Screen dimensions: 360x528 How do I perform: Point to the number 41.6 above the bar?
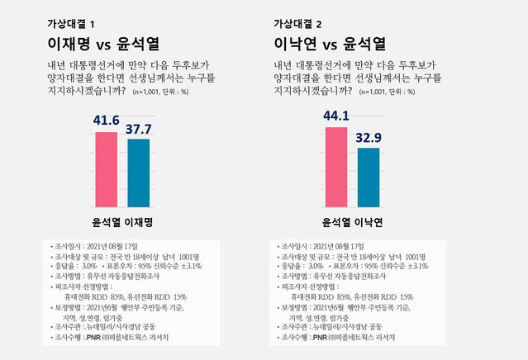[106, 121]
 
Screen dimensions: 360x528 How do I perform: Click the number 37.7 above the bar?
[139, 128]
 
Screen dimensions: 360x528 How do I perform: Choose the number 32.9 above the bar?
[368, 138]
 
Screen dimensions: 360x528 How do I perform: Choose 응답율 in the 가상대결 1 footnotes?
[65, 267]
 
